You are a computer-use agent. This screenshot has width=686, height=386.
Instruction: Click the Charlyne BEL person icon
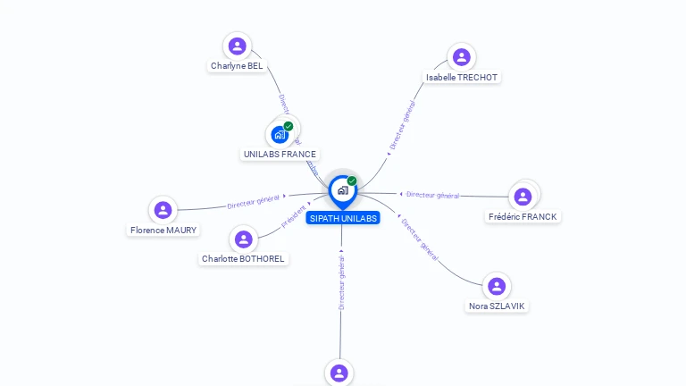tap(237, 46)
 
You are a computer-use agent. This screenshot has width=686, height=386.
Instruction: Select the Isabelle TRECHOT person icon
tap(461, 57)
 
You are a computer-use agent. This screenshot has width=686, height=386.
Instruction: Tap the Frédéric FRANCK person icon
tap(523, 197)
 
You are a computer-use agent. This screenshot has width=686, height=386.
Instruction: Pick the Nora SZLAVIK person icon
tap(497, 286)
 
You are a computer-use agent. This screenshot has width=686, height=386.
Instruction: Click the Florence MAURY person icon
tap(163, 210)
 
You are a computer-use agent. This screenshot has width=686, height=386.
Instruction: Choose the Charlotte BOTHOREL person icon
tap(243, 239)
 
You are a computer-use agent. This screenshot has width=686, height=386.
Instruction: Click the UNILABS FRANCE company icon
tap(280, 135)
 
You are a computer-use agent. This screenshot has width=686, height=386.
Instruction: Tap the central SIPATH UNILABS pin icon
tap(342, 190)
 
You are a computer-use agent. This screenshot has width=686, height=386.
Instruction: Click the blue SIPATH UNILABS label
tap(343, 218)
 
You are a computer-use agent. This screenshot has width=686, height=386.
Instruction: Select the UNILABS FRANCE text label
tap(280, 155)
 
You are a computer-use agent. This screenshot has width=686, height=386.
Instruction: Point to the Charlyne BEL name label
tap(237, 66)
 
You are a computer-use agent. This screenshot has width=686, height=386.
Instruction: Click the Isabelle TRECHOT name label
tap(462, 78)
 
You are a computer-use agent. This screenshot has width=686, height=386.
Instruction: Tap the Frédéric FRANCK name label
tap(523, 217)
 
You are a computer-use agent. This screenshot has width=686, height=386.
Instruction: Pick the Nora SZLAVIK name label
tap(498, 306)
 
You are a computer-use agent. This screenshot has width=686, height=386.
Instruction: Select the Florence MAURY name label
tap(163, 231)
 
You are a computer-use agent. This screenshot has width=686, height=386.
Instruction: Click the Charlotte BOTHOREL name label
tap(243, 259)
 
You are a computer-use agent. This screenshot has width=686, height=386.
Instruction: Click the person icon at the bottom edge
tap(339, 373)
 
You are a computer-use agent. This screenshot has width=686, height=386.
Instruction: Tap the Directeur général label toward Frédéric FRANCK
tap(431, 195)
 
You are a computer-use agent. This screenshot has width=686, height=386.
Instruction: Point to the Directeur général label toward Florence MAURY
tap(254, 202)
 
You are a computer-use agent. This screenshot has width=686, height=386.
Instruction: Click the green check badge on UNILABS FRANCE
tap(289, 126)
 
